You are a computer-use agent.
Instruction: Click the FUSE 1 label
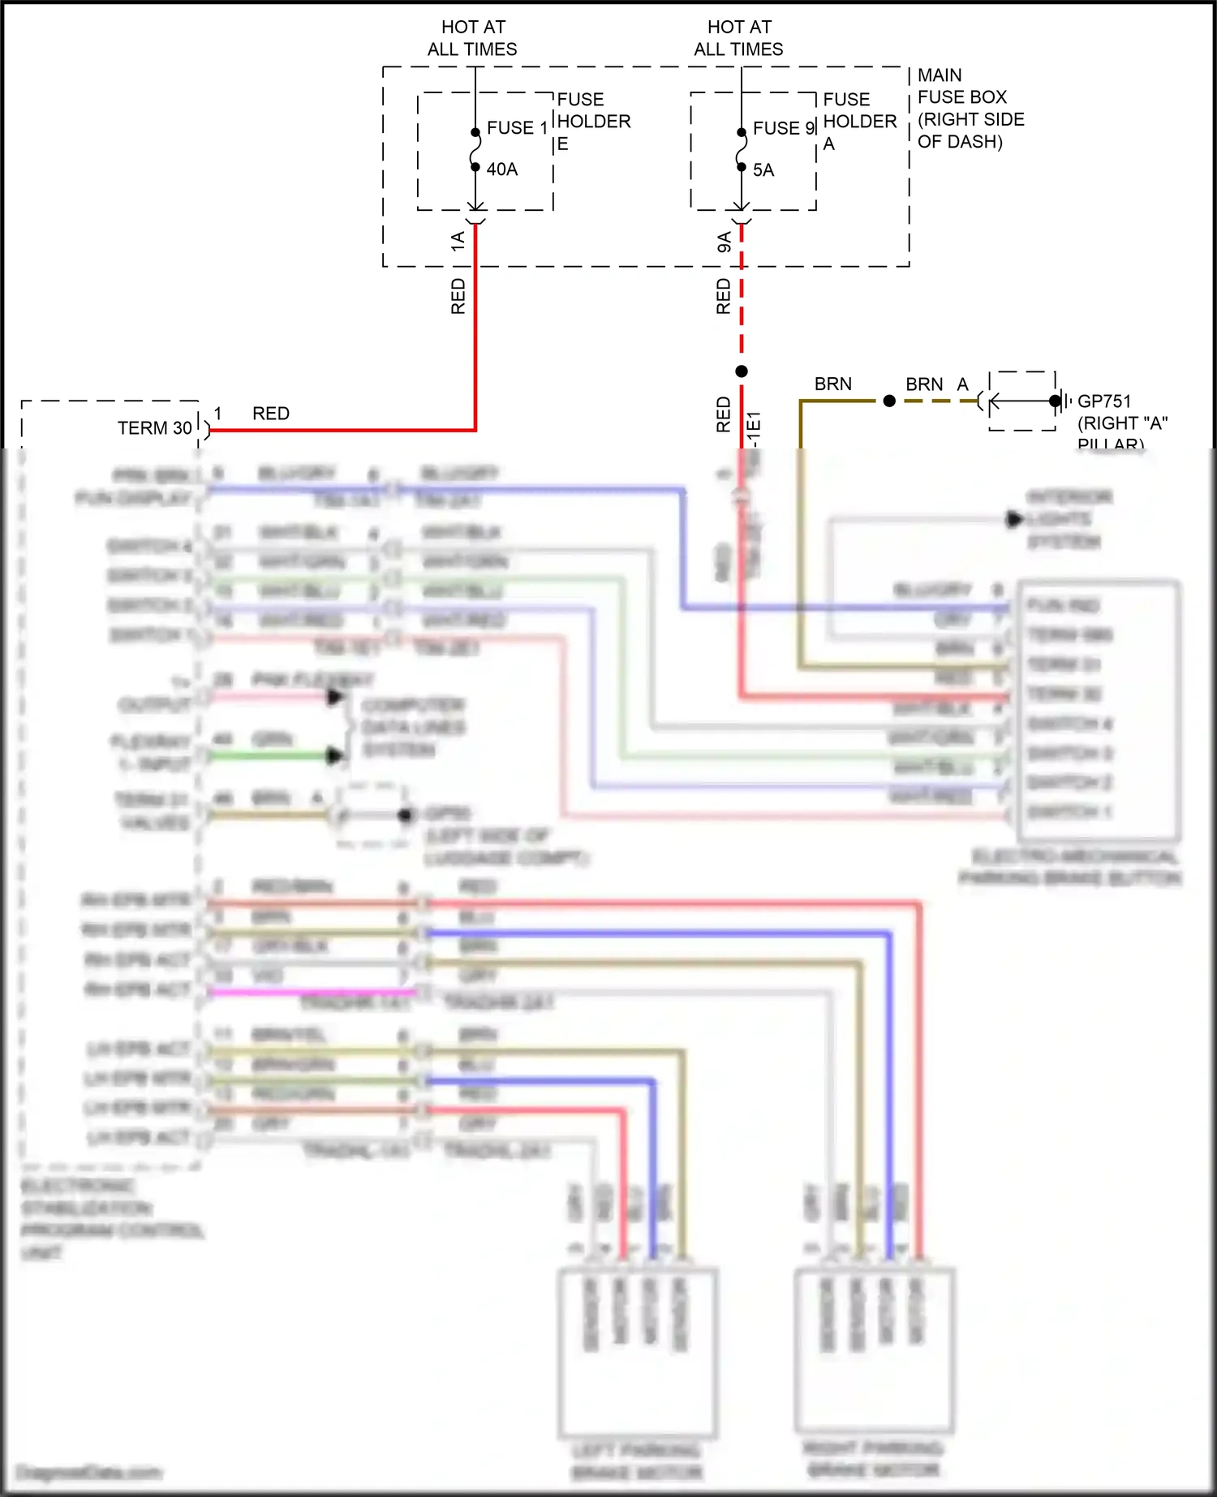point(516,128)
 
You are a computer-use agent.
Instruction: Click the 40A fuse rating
point(501,169)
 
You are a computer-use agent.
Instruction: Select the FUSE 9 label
point(782,128)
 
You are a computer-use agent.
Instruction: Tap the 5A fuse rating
point(763,170)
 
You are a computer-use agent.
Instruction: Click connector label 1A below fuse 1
point(458,240)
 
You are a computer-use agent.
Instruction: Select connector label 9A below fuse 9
point(724,241)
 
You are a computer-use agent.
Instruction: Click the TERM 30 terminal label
point(154,428)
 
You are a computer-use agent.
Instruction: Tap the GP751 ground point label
point(1103,401)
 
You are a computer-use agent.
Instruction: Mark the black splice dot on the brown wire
point(889,401)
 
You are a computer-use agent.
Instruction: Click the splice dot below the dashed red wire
point(742,371)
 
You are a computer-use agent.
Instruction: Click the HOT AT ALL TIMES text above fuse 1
point(472,38)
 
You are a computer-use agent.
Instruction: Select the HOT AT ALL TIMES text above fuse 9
point(738,38)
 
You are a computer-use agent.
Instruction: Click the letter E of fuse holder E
point(562,144)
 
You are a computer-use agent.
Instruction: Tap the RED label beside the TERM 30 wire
point(270,414)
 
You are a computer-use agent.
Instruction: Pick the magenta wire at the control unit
point(308,991)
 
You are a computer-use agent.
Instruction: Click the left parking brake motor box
point(637,1350)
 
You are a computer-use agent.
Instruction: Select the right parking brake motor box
point(874,1349)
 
